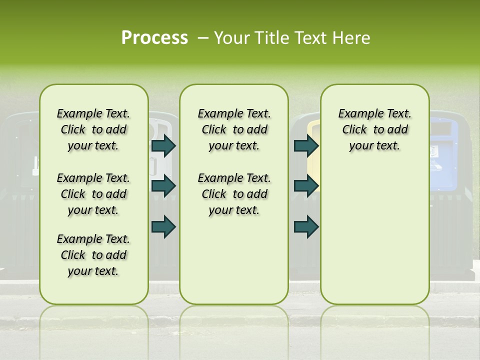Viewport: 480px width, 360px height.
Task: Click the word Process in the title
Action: pos(154,38)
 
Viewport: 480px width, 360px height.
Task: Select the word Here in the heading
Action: pos(352,38)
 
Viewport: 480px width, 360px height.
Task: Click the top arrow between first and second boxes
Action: pos(163,145)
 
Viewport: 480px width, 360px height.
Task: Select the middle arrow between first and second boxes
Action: pos(163,186)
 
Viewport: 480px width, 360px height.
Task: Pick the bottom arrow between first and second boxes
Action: pos(163,226)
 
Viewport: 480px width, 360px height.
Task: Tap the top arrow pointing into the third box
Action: pos(306,145)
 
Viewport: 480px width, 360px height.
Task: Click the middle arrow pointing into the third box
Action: pos(306,186)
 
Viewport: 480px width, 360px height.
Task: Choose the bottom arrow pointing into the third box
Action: pos(306,226)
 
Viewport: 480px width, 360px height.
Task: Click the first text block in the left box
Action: pos(93,129)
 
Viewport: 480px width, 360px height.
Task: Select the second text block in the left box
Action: pos(93,194)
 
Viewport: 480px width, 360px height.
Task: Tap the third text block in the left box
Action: pos(93,255)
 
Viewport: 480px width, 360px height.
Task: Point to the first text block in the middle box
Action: pos(234,129)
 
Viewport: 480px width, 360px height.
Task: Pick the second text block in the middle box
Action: pos(234,194)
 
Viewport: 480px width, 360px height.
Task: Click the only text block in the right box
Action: pos(374,129)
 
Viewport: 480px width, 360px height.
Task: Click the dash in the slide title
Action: pos(203,38)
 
